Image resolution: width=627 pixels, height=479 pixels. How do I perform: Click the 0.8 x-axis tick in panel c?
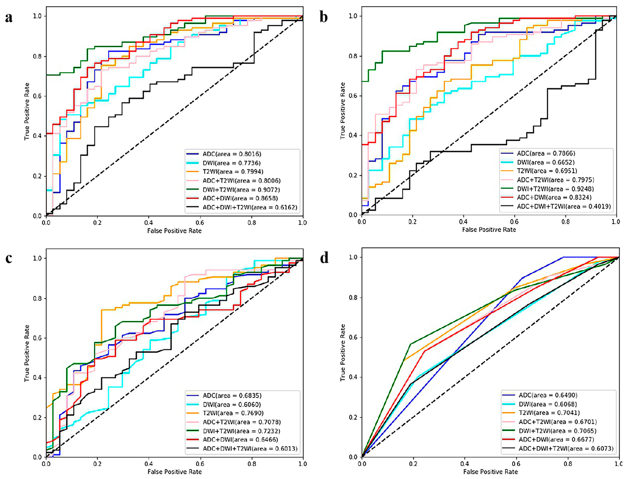click(252, 464)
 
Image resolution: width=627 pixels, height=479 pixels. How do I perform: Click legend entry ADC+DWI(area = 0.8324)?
click(554, 197)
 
